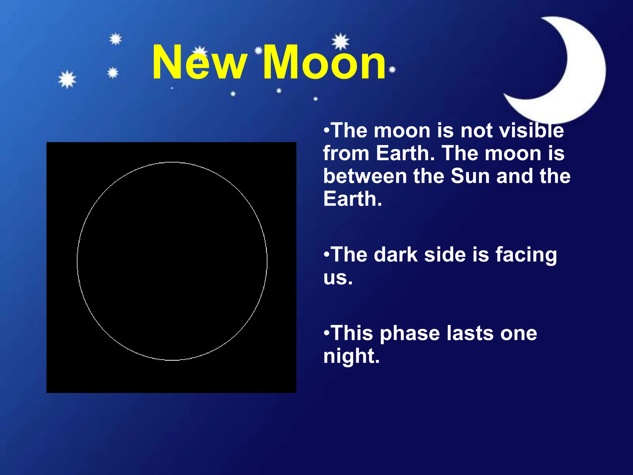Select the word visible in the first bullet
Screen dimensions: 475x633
point(531,131)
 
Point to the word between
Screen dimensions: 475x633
point(365,176)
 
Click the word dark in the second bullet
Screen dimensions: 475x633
point(396,255)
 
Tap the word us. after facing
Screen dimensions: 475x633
point(338,277)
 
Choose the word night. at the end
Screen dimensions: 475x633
point(351,357)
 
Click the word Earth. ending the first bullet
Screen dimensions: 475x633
point(353,199)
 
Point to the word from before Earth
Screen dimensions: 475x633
point(346,153)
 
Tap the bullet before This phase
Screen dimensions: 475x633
point(327,333)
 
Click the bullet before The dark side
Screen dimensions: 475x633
point(327,255)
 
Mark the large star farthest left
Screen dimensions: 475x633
point(67,79)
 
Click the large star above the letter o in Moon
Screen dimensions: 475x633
point(340,41)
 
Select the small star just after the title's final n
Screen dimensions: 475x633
point(392,70)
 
